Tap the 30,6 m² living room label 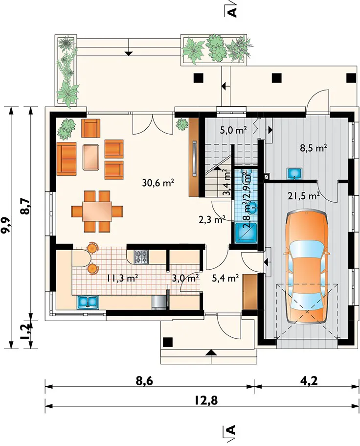[158, 183]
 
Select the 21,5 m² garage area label [304, 196]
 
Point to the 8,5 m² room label [313, 148]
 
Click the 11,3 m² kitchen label [123, 278]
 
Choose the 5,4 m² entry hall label [225, 278]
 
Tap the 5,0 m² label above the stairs [233, 131]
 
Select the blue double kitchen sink [88, 302]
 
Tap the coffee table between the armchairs [91, 157]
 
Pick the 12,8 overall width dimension [206, 400]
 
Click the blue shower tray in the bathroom [246, 233]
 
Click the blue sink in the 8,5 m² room [294, 173]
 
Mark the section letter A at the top [232, 12]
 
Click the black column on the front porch [168, 342]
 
